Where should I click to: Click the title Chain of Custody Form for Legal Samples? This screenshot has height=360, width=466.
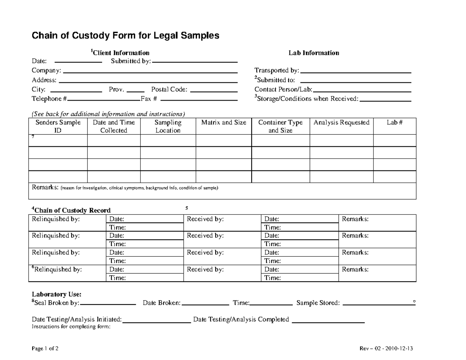(x=125, y=36)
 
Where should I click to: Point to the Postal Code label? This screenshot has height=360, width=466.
(x=169, y=89)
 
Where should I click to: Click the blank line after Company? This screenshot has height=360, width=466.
(x=150, y=72)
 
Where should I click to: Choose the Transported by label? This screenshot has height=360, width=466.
(x=276, y=70)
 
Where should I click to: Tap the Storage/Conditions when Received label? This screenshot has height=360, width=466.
(x=307, y=99)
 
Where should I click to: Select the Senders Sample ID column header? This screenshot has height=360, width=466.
(x=58, y=127)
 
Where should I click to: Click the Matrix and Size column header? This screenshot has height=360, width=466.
(x=224, y=123)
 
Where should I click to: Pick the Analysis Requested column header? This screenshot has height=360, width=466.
(x=341, y=123)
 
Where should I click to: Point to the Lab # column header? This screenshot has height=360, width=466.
(x=394, y=123)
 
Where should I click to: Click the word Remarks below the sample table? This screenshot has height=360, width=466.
(x=45, y=188)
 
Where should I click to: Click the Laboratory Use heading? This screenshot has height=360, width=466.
(x=56, y=294)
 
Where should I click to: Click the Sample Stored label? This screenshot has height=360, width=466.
(x=318, y=303)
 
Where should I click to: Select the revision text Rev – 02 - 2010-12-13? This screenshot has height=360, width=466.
(x=386, y=348)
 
